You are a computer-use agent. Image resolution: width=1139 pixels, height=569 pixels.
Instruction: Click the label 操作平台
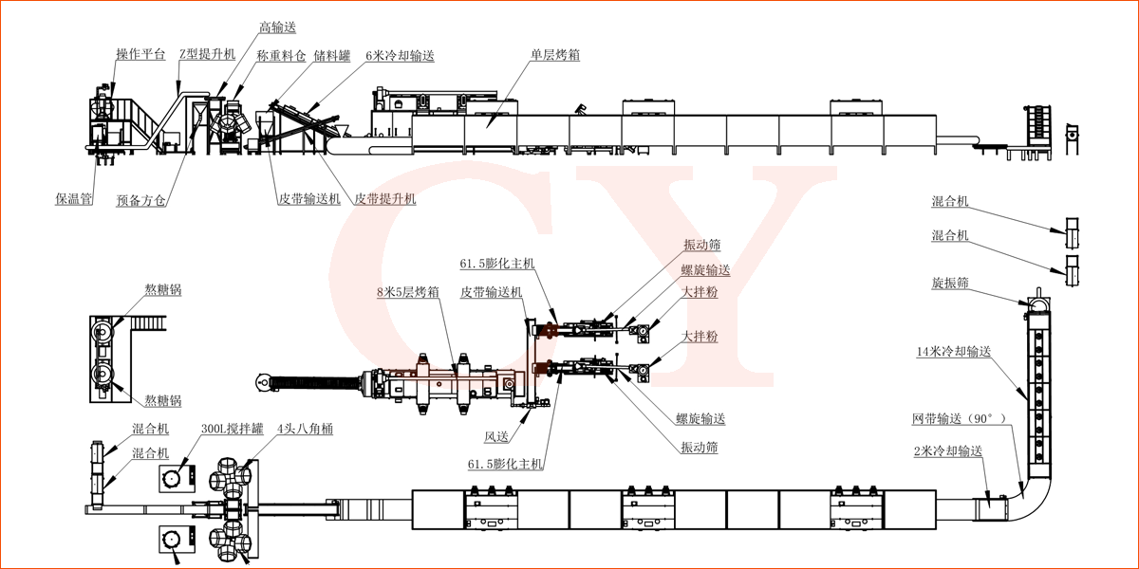pos(140,54)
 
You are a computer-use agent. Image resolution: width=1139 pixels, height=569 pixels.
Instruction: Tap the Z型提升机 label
pos(207,54)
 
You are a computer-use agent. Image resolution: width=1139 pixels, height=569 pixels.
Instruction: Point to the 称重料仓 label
pos(281,57)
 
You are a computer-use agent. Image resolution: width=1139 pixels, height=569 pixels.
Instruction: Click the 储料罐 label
pos(332,57)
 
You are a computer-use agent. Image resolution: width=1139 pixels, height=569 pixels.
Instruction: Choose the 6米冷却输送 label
pos(400,57)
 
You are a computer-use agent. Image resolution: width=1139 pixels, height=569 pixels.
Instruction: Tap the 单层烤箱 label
pos(555,55)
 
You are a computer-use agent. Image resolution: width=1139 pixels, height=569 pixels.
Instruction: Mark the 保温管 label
pos(73,200)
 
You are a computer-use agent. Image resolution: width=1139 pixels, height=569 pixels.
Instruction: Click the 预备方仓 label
pos(140,201)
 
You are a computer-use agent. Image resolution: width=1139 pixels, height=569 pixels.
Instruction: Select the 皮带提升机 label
pos(384,200)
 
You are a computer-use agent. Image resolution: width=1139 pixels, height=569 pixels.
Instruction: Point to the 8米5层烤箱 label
pos(407,292)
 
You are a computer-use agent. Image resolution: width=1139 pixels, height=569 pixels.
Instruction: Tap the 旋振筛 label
pos(950,284)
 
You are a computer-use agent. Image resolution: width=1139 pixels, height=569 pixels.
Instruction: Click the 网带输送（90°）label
pos(960,418)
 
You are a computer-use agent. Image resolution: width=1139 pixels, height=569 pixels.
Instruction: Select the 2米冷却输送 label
pos(946,451)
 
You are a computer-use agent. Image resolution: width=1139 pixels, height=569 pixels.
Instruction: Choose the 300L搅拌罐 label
pos(223,430)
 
